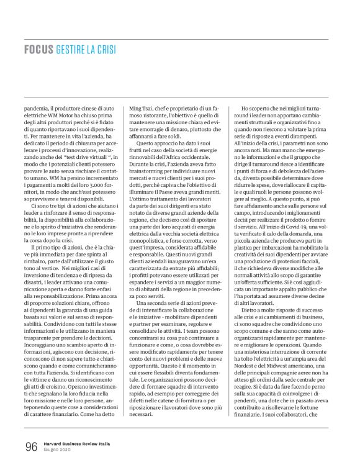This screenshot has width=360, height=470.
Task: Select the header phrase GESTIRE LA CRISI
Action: (x=85, y=48)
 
